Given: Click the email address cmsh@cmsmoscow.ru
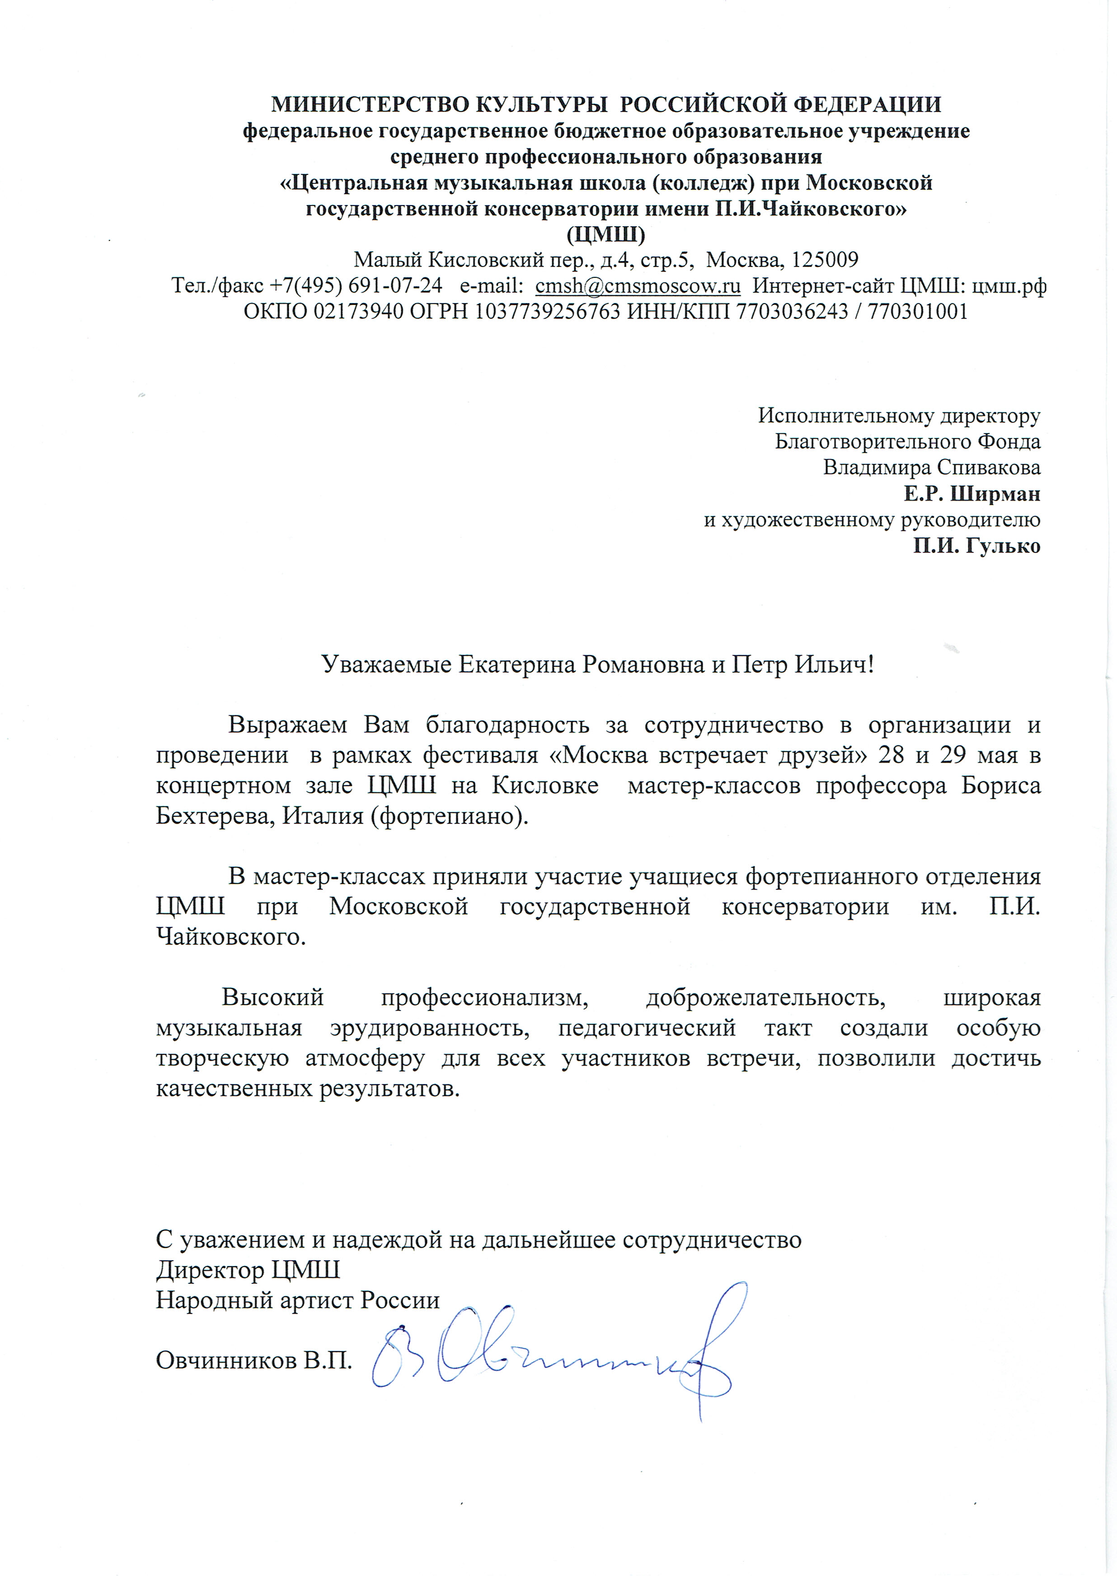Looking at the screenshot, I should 638,285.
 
